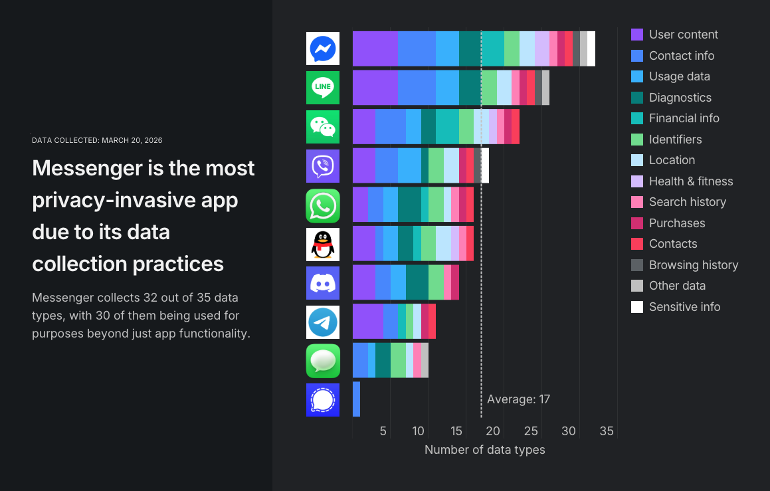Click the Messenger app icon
pos(323,49)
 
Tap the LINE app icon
pos(323,88)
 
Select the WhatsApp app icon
pos(323,205)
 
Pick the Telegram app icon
pos(323,322)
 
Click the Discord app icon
pos(323,283)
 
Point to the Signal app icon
pos(323,400)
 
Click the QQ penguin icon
pos(323,244)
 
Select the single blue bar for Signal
pos(356,399)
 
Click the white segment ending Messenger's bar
pos(591,49)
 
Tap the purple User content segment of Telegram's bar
pos(367,322)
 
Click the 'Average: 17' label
pos(518,399)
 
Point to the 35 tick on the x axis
pos(607,431)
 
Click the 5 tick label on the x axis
pos(383,431)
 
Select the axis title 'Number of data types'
pos(484,450)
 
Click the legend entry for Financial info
pos(684,118)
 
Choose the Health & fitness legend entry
pos(690,181)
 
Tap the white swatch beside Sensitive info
pos(637,307)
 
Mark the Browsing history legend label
pos(693,265)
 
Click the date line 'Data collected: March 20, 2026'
pos(97,140)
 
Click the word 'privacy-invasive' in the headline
pos(135,200)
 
